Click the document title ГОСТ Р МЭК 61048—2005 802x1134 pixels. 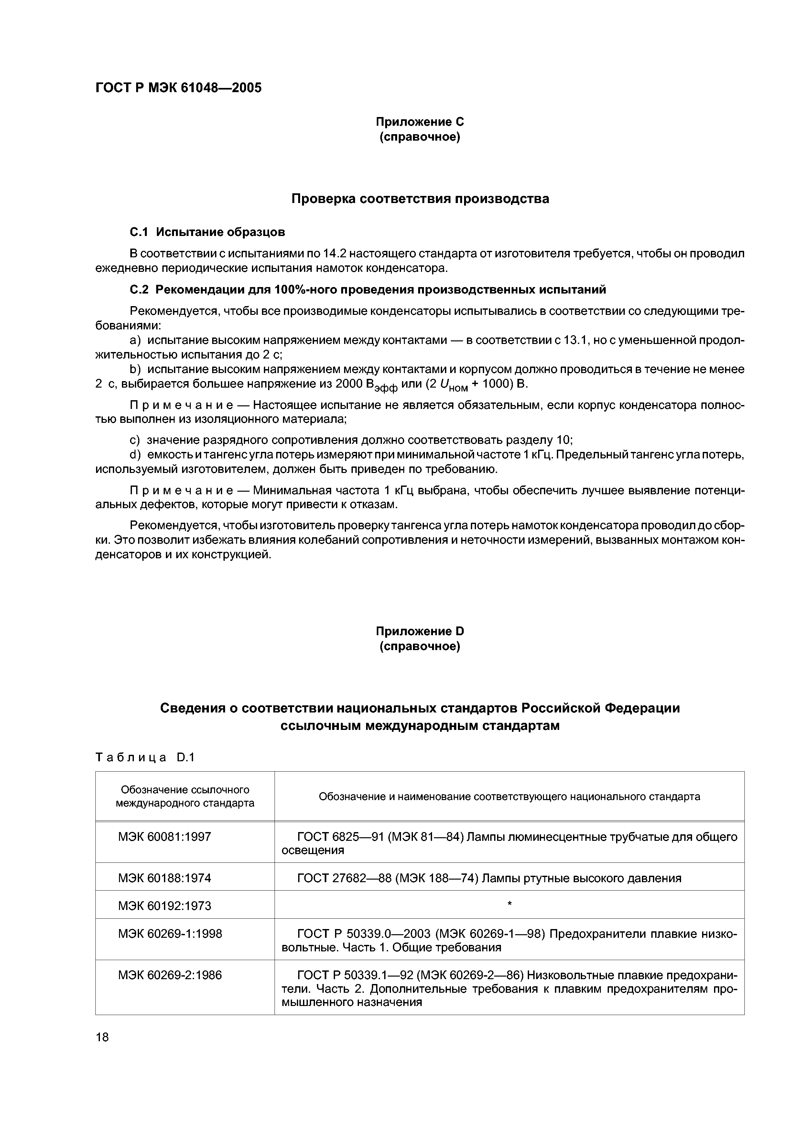click(x=179, y=88)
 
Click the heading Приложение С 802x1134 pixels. click(x=419, y=122)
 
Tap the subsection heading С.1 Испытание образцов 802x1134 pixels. click(x=208, y=232)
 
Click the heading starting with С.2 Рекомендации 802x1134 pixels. click(x=368, y=289)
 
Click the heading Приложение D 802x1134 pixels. click(x=419, y=631)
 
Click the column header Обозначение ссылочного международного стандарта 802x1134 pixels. click(x=185, y=796)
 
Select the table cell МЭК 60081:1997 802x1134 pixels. click(x=165, y=837)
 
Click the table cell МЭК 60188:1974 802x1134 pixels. click(x=165, y=878)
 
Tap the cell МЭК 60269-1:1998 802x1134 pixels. click(x=170, y=934)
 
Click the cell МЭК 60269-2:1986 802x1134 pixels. click(x=170, y=975)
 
